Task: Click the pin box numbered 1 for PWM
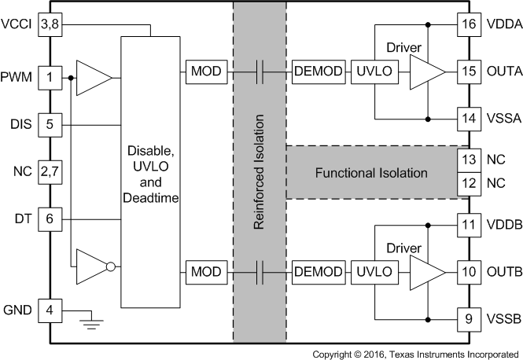50,77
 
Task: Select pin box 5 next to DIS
50,124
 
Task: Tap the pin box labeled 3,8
50,26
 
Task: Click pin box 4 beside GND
50,310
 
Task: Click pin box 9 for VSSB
470,319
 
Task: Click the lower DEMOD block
318,272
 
